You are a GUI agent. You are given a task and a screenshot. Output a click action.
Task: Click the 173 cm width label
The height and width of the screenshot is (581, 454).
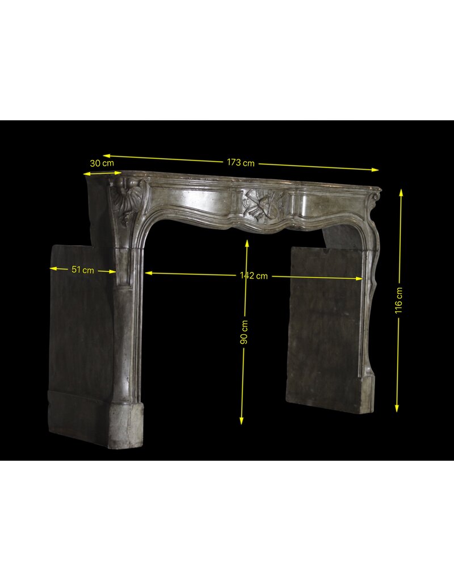tap(241, 162)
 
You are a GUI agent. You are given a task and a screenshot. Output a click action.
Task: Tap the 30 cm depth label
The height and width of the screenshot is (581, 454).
tap(102, 163)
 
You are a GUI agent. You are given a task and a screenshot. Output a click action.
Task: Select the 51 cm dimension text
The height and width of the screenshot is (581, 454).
tap(83, 270)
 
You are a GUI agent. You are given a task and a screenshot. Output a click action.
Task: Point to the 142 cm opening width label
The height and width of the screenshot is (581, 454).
tap(254, 276)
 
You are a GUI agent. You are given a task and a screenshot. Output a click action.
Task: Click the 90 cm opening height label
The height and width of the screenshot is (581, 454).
tap(244, 332)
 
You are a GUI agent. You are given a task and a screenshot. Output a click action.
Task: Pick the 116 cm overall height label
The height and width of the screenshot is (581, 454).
tap(399, 300)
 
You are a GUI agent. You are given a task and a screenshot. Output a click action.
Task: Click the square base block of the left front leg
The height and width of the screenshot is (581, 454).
tap(126, 425)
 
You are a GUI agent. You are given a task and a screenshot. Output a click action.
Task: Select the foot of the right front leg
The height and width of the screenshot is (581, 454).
tap(367, 395)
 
